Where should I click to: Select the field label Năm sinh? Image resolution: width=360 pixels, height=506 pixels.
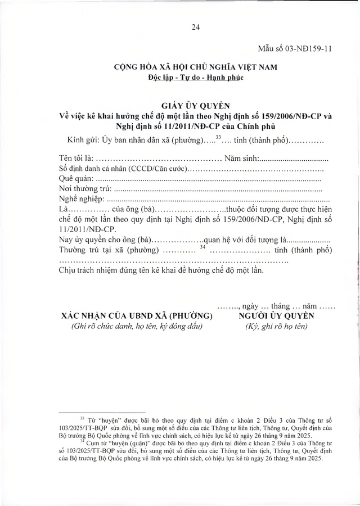point(241,159)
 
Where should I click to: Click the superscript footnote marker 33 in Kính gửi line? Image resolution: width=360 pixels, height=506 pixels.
point(219,137)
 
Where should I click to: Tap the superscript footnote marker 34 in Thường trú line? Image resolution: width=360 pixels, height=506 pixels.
point(203,246)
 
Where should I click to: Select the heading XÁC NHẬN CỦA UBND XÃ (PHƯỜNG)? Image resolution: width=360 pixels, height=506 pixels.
point(135,316)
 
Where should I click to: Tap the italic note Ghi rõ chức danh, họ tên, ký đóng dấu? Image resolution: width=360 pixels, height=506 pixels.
point(136,326)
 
